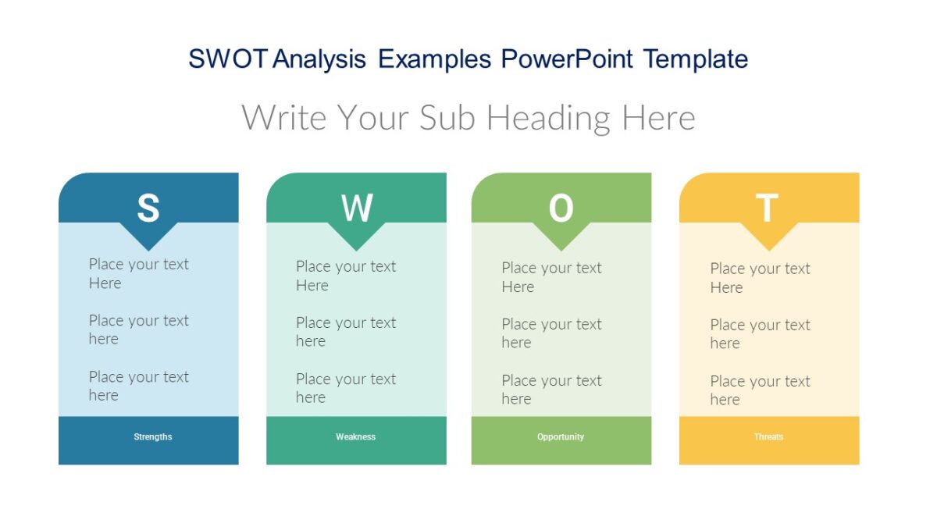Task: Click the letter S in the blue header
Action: coord(148,208)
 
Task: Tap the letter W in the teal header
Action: coord(357,208)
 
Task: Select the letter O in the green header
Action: coord(561,208)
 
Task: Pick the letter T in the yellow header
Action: coord(768,208)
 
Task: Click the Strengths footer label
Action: coord(153,437)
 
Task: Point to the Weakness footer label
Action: coord(356,437)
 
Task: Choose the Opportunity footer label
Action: coord(561,437)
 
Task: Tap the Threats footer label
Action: coord(768,437)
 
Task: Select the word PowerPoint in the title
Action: coord(567,59)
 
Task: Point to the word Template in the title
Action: coord(696,59)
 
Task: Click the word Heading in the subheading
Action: coord(550,118)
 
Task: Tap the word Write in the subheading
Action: coord(283,118)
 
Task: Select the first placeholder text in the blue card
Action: coord(138,273)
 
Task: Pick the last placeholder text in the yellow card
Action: coord(760,390)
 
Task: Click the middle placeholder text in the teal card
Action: coord(346,332)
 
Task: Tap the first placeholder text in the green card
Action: coord(551,277)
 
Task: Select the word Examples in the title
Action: coord(435,59)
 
